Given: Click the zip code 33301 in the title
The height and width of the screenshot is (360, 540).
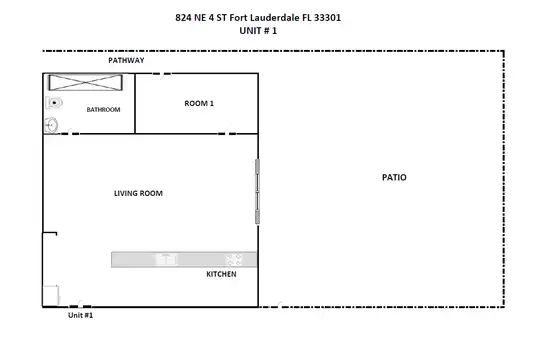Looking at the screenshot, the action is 327,18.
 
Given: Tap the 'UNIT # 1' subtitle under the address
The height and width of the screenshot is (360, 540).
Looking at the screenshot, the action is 258,31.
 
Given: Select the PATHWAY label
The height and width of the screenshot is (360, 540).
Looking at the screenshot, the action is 126,60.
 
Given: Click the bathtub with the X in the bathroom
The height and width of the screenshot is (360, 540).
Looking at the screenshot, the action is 86,83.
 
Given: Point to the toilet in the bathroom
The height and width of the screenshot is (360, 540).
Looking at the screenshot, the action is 54,103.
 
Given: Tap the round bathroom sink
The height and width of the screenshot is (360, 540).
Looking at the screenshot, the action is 51,125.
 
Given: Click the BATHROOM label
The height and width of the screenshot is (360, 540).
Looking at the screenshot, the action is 103,110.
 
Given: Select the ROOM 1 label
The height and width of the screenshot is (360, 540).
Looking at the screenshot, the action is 199,103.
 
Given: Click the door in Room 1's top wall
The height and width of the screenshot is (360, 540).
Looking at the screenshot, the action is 162,74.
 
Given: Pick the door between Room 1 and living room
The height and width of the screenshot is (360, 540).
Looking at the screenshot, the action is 227,133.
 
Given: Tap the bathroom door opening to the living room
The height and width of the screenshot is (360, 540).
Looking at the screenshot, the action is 70,133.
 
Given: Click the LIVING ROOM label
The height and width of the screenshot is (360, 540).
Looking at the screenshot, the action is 138,193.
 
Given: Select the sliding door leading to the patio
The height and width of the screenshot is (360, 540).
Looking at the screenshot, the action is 257,192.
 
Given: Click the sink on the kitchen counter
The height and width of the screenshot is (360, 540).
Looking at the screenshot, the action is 167,259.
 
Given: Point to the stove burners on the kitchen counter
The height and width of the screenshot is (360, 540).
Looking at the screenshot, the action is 234,259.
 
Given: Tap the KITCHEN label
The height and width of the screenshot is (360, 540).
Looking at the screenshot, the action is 221,274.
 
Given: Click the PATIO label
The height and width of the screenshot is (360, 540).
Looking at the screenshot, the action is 394,177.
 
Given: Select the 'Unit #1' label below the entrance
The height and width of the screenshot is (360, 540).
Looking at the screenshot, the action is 80,315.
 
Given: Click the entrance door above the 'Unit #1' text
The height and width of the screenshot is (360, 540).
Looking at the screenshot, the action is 80,306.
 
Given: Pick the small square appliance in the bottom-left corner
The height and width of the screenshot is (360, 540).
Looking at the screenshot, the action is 51,295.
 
